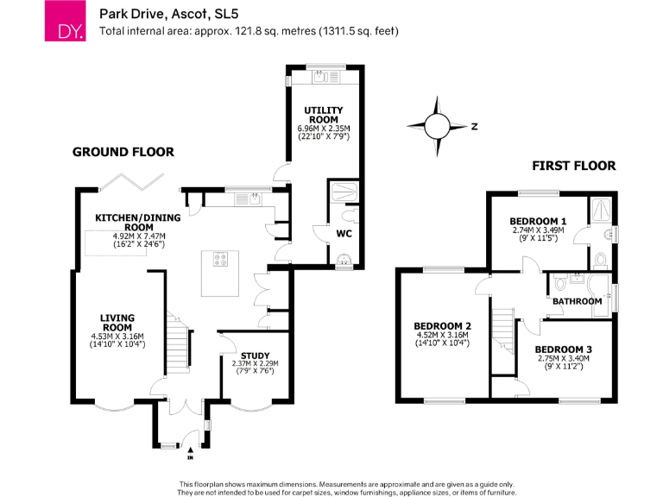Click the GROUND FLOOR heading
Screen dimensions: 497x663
(x=123, y=152)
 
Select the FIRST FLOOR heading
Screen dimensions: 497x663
(x=573, y=166)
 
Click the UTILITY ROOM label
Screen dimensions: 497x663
(x=324, y=115)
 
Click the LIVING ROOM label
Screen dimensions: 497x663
(x=117, y=323)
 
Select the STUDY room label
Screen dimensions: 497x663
(x=255, y=355)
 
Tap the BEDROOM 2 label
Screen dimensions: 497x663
(x=442, y=315)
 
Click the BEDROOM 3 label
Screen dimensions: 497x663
(x=562, y=349)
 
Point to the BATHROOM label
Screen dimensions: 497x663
(x=577, y=301)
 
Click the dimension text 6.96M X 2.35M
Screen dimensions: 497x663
(x=324, y=129)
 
